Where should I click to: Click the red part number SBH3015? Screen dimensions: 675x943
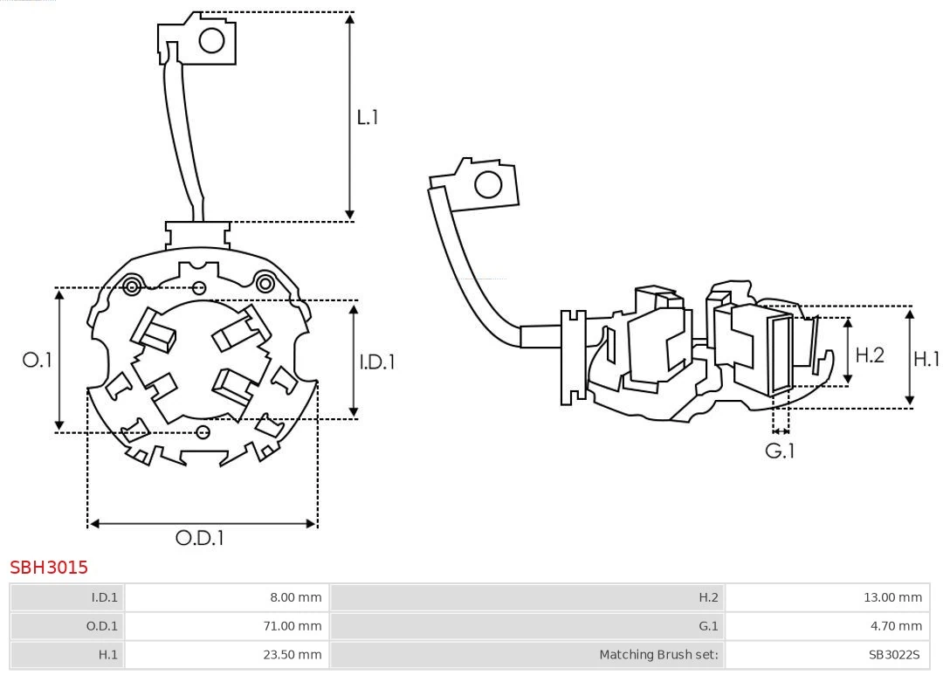coord(49,568)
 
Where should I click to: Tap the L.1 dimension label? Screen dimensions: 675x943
coord(368,117)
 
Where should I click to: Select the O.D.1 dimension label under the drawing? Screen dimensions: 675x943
coord(200,538)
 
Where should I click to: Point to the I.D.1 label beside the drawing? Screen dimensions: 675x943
coord(377,361)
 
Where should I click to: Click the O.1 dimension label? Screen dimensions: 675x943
coord(38,360)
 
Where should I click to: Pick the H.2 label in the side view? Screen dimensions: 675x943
coord(870,355)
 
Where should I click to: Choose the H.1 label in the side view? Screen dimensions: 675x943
coord(926,358)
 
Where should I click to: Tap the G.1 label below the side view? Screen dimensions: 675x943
coord(780,451)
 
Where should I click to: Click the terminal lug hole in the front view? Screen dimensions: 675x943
coord(212,40)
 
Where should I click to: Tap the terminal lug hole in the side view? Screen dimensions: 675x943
coord(487,185)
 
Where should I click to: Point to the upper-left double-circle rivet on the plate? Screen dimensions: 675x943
coord(132,286)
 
